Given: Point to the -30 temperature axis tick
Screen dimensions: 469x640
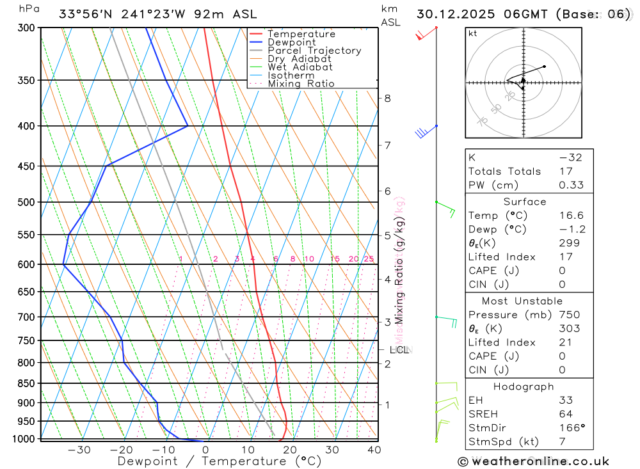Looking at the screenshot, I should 79,450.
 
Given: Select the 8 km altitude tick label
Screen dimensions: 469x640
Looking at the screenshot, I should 387,98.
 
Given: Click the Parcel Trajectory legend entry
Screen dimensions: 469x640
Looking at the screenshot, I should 314,51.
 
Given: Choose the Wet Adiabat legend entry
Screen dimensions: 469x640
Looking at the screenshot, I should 300,67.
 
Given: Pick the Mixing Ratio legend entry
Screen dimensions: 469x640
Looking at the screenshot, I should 301,84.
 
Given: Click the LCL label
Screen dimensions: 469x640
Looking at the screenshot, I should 399,350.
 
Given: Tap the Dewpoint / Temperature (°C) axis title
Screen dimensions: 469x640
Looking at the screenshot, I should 219,461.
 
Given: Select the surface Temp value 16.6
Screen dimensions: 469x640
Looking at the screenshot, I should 571,216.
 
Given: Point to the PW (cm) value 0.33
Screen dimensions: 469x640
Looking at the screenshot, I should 571,185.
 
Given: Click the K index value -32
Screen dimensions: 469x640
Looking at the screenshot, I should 570,157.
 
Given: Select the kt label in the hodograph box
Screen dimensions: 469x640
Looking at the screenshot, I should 473,33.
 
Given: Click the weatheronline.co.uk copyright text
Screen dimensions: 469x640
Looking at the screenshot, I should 534,461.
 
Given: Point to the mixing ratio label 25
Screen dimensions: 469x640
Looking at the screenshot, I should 369,259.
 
